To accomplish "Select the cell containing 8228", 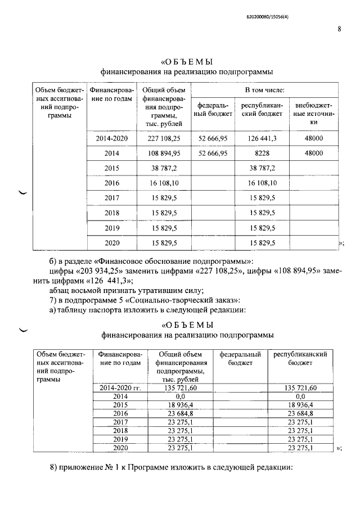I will pos(262,153).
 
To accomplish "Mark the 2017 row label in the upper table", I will pos(112,198).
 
